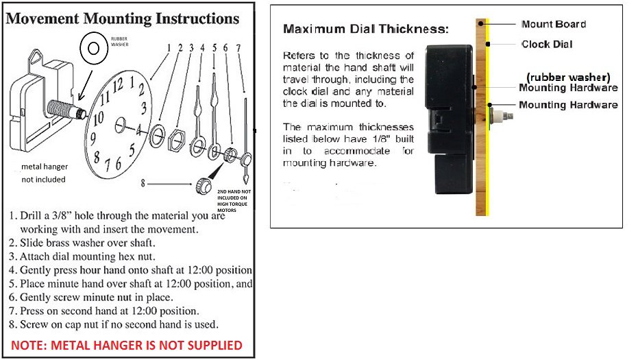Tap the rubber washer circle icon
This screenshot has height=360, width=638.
(x=91, y=48)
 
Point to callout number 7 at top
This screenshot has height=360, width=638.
(x=238, y=48)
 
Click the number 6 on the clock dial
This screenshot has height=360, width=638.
(x=118, y=164)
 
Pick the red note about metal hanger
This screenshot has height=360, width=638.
(x=127, y=345)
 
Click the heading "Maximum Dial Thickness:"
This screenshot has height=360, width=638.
(x=366, y=29)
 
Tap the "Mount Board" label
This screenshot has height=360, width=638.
(x=554, y=24)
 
